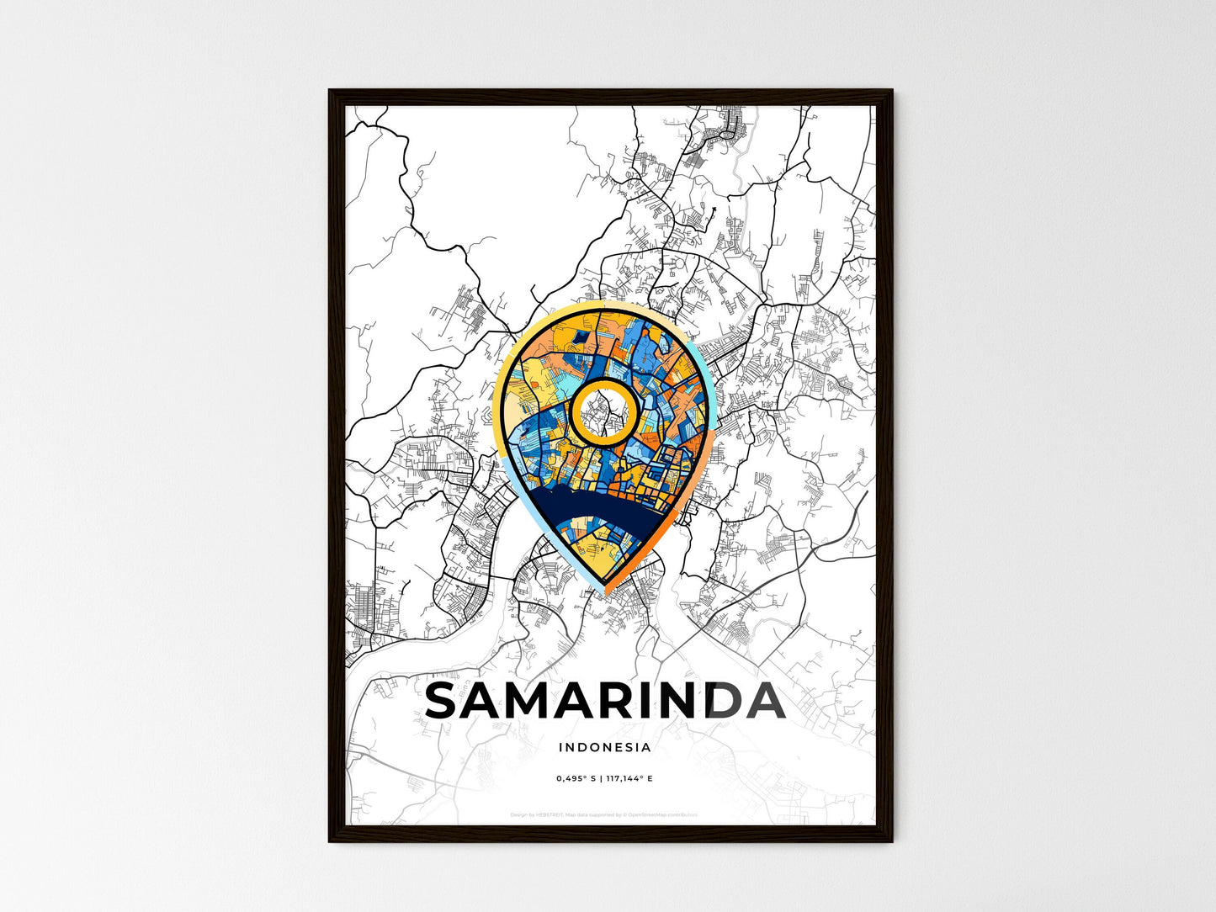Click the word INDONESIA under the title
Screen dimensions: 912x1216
604,747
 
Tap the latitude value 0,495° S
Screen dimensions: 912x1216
576,778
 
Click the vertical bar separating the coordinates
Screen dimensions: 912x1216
601,778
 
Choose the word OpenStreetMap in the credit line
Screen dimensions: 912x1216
649,814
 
